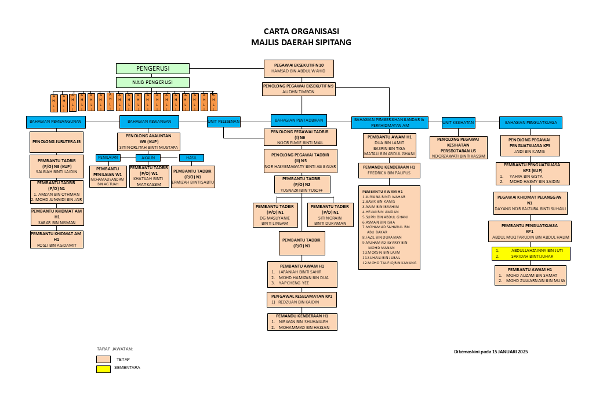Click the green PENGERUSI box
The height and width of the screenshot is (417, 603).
(x=152, y=68)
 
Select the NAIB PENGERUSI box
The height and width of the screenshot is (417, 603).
(x=152, y=82)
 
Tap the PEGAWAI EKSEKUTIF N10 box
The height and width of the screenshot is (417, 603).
(x=299, y=68)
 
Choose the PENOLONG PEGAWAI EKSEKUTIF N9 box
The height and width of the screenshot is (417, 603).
(x=299, y=88)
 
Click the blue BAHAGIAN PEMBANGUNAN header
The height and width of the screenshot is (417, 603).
(x=56, y=122)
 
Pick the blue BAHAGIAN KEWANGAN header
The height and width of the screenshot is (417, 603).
(x=149, y=122)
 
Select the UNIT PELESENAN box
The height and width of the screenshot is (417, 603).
(x=224, y=121)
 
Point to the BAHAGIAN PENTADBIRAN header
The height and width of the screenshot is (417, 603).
(x=299, y=120)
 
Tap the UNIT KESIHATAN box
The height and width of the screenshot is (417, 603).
(x=458, y=122)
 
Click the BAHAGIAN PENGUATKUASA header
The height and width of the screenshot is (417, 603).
(x=531, y=122)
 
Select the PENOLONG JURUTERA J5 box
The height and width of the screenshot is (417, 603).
(x=56, y=142)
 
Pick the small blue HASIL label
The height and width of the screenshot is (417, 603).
(x=191, y=158)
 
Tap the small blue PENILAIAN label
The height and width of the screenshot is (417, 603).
(x=108, y=157)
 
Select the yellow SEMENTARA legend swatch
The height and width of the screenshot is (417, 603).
(x=103, y=368)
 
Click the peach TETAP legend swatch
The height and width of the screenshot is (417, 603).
(x=103, y=359)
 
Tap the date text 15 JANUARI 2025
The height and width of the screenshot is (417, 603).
(x=510, y=352)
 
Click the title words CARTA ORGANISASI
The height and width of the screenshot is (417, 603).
(x=301, y=31)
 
